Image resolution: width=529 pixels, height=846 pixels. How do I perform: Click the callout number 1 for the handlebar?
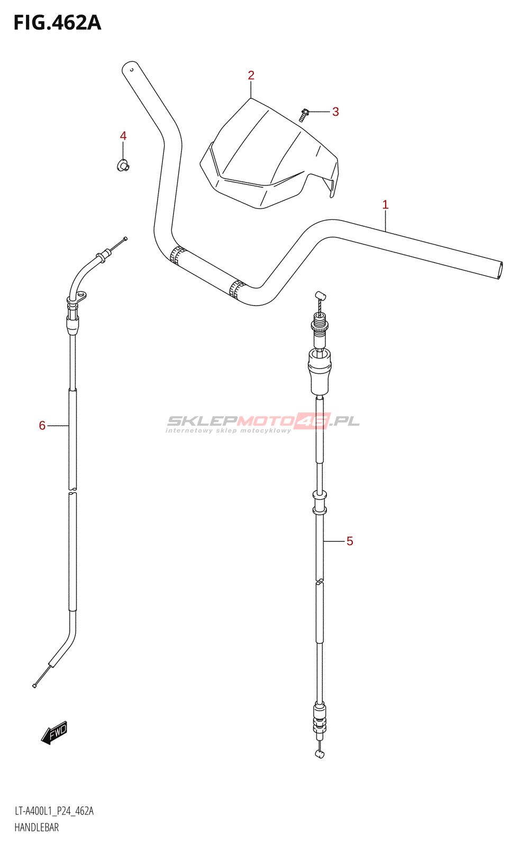pos(385,205)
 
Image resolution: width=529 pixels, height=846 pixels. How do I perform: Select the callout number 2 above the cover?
pos(251,76)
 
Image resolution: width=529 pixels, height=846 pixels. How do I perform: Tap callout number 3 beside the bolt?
pos(335,112)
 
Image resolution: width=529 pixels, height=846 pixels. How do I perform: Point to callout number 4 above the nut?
pos(123,136)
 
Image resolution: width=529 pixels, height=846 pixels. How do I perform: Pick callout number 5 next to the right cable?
pos(350,541)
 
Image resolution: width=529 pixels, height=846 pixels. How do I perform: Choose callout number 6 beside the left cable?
pos(42,426)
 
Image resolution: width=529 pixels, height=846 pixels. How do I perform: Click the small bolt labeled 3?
pos(304,114)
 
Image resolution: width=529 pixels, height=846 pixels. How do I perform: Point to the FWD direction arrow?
pos(54,733)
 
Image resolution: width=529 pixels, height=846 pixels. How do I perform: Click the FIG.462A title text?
pos(57,23)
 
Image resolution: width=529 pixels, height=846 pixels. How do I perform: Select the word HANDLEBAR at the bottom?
pos(37,827)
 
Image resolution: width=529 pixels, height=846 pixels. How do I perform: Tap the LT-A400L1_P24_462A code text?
pos(54,811)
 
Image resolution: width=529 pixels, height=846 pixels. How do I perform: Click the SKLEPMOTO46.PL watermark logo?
pos(263,422)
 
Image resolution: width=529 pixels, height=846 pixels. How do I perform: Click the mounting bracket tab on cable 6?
pos(79,298)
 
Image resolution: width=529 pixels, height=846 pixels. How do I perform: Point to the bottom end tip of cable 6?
pos(34,686)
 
